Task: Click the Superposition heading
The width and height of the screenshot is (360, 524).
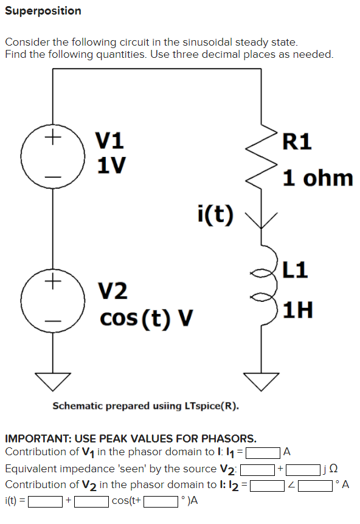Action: [43, 11]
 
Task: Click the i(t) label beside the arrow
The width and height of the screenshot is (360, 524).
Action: [215, 214]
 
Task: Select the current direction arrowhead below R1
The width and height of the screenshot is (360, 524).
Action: [264, 220]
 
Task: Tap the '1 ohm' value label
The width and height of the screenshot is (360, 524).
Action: [317, 178]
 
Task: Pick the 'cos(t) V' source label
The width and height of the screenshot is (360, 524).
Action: [146, 317]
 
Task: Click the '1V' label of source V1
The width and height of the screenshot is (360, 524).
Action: [112, 164]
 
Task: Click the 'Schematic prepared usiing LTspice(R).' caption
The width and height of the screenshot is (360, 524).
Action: [146, 406]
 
